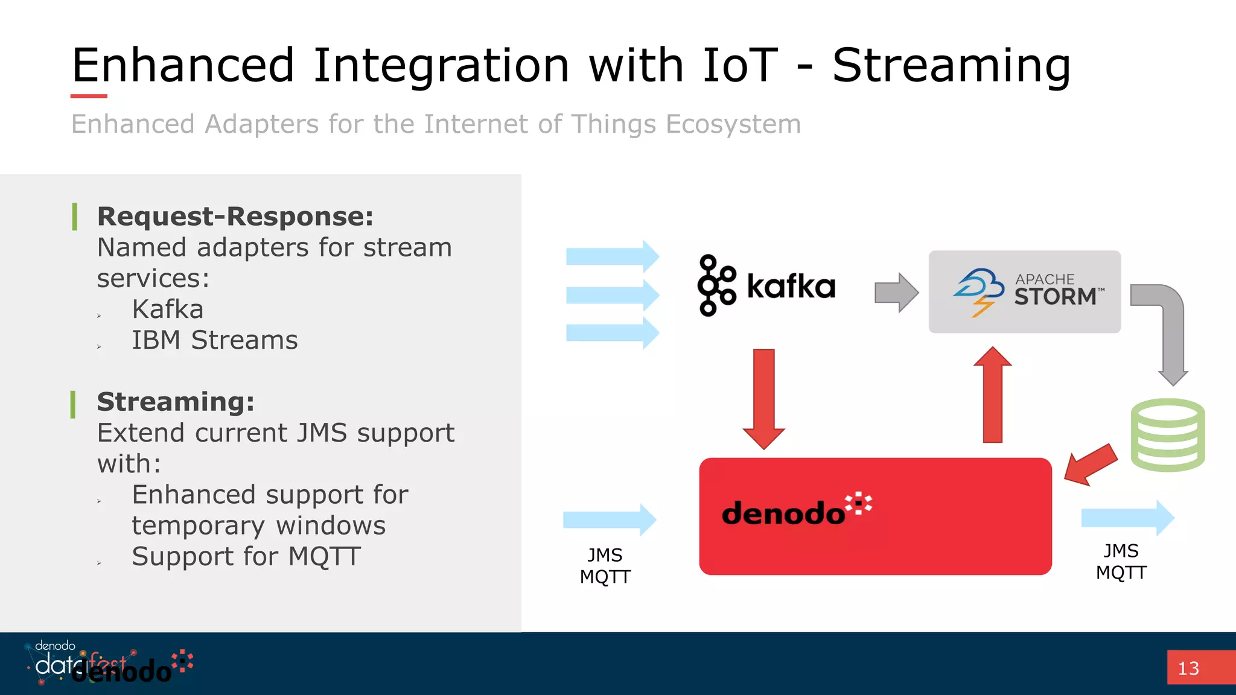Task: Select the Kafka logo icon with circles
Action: tap(716, 285)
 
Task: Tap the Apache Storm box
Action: tap(1024, 292)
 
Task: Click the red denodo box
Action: tap(875, 516)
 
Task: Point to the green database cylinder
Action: tap(1167, 435)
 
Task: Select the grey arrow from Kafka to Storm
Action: tap(896, 293)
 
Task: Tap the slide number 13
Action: tap(1188, 668)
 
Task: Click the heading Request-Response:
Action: tap(235, 217)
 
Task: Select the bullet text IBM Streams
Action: tap(215, 340)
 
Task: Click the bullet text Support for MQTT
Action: tap(246, 556)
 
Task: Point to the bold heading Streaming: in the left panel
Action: tap(176, 402)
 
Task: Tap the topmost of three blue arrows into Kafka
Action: tap(612, 256)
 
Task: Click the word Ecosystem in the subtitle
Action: tap(733, 124)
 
